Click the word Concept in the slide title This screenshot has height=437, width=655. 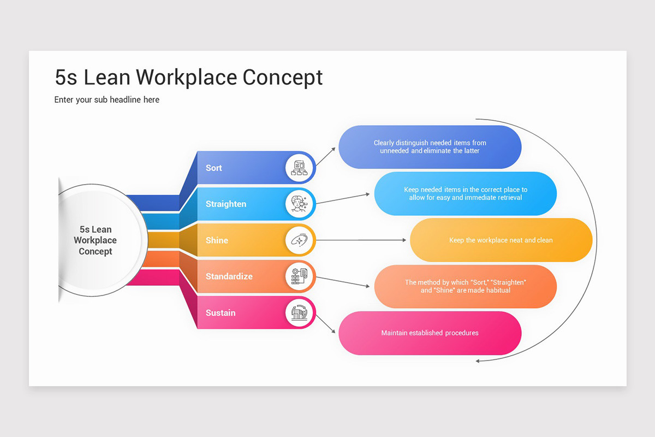(283, 78)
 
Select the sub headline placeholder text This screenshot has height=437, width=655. (107, 99)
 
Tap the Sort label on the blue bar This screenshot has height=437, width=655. (214, 168)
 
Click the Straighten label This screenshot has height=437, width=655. (226, 204)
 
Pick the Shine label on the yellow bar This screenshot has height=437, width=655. (217, 240)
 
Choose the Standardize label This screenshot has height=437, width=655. (229, 276)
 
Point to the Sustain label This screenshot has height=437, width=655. (221, 312)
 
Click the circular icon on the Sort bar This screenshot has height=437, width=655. (300, 168)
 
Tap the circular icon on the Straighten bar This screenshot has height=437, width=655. (300, 204)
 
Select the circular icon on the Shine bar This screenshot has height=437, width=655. (300, 240)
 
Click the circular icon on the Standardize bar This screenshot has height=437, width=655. (300, 276)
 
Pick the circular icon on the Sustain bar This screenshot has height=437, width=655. (300, 312)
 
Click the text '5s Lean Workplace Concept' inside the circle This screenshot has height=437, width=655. (96, 240)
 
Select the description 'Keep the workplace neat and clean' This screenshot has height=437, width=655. (501, 240)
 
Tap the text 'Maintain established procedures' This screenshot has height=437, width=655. (430, 333)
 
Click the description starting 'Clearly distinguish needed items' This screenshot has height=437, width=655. (430, 146)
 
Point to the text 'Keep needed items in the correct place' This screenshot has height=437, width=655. (465, 193)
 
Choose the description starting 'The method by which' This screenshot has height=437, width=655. (465, 286)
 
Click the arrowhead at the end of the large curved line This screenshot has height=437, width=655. (478, 361)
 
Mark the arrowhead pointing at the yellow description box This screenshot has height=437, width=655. (404, 240)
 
